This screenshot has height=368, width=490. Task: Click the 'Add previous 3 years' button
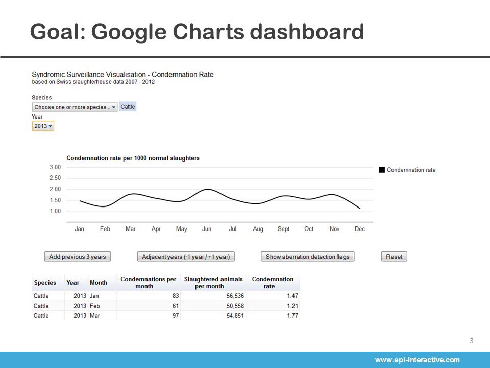[78, 257]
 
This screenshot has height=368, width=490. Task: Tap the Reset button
[394, 257]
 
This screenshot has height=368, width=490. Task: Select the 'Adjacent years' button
[186, 257]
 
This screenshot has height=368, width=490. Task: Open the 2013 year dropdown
[43, 126]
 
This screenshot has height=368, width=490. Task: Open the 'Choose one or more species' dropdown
[75, 107]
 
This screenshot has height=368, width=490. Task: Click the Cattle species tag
[128, 107]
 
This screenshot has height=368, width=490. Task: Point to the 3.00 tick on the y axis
[55, 167]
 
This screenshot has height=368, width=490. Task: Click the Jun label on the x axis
[207, 229]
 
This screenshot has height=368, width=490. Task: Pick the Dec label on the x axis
[360, 229]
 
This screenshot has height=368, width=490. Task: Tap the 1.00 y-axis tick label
[55, 211]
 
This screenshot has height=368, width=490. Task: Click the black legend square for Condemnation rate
[382, 170]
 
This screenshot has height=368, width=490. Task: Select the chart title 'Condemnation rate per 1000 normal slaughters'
[133, 158]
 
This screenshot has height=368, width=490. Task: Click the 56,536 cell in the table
[235, 296]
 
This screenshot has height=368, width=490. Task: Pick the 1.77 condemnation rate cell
[292, 316]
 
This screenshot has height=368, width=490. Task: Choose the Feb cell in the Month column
[95, 306]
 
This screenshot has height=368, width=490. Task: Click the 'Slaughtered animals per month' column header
[213, 282]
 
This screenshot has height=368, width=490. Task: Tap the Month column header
[99, 283]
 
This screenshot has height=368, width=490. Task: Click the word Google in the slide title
[129, 32]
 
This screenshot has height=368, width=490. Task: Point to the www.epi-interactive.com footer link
[417, 360]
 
